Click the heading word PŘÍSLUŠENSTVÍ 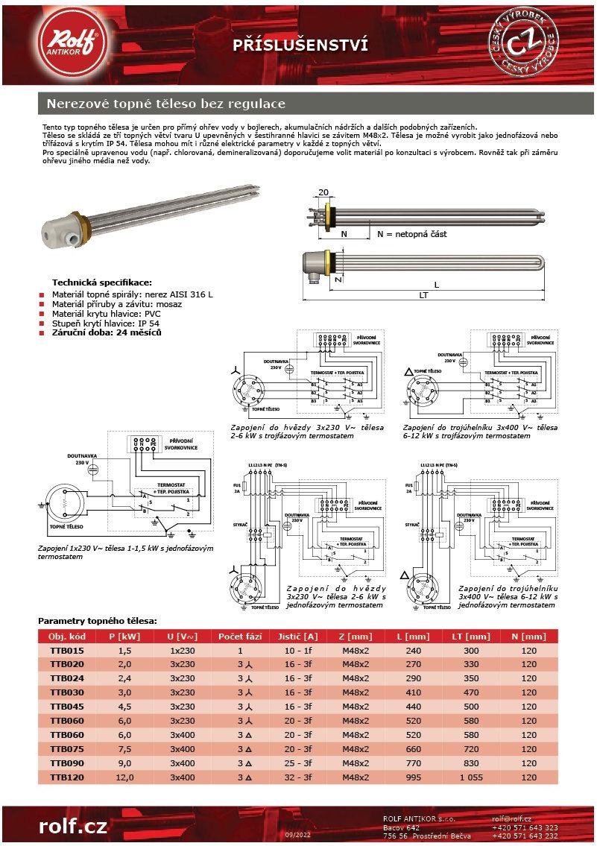pos(300,45)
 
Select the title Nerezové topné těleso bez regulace pos(166,103)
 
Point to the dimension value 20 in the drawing pos(323,192)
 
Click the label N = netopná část pos(411,234)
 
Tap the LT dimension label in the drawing pos(423,296)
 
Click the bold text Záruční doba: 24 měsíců pos(107,332)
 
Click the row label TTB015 pos(67,650)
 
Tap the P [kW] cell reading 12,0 pos(124,777)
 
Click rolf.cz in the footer pos(73,826)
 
